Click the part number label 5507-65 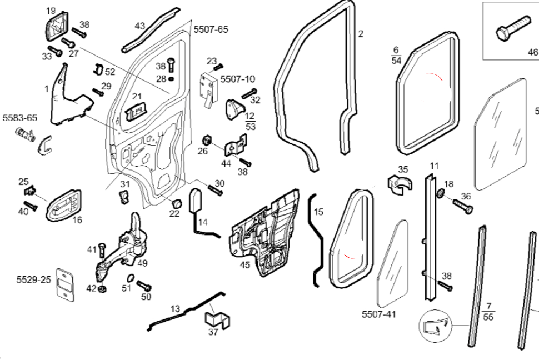pyautogui.click(x=210, y=29)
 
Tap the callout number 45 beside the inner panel pyautogui.click(x=244, y=265)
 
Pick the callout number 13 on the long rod pyautogui.click(x=175, y=308)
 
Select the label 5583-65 pyautogui.click(x=20, y=118)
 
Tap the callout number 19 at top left pyautogui.click(x=51, y=11)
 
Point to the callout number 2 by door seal pyautogui.click(x=361, y=34)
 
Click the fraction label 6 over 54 pyautogui.click(x=396, y=55)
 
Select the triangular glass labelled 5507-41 pyautogui.click(x=392, y=264)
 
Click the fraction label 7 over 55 pyautogui.click(x=488, y=311)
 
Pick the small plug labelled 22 pyautogui.click(x=176, y=202)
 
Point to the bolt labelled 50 pyautogui.click(x=144, y=287)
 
